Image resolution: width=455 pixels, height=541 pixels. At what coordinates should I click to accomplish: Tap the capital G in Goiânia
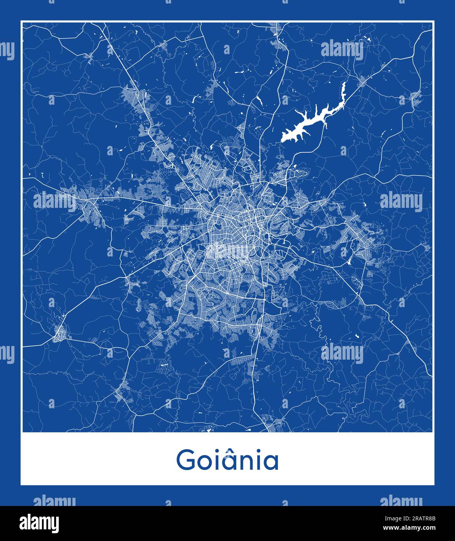186,460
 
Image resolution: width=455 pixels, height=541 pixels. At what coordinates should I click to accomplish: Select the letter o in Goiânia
204,462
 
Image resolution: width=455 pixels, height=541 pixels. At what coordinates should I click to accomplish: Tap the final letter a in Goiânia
273,462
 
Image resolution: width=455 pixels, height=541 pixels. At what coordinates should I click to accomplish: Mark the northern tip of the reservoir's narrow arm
344,83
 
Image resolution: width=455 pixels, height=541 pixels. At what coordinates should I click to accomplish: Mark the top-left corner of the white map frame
21,21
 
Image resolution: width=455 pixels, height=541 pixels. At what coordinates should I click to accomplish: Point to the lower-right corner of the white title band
434,485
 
